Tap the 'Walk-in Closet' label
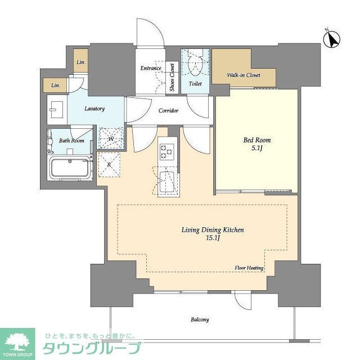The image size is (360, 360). [243, 75]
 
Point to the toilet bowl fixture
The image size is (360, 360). [195, 64]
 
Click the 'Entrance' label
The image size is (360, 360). [151, 69]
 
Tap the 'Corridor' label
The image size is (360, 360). [168, 111]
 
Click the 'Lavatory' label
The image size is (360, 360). [94, 109]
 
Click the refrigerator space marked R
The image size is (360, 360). [110, 165]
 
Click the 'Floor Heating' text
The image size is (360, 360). [249, 268]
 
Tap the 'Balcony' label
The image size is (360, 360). [199, 319]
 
